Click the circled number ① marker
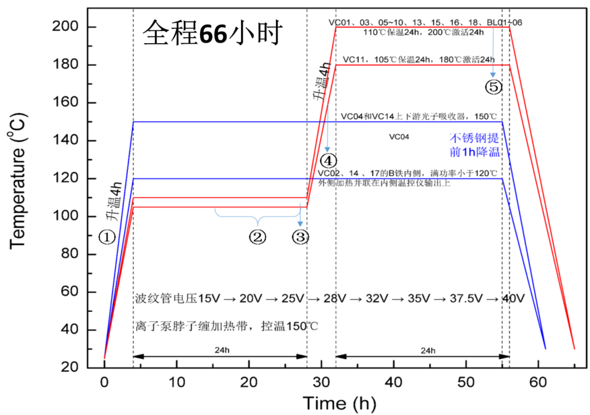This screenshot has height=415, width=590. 107,237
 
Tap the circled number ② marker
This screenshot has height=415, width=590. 257,237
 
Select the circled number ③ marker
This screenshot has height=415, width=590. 300,237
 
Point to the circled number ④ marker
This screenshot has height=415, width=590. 328,161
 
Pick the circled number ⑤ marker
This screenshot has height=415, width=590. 493,86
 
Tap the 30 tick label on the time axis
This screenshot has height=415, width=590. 321,382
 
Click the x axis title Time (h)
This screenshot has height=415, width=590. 339,403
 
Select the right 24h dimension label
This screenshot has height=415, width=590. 429,349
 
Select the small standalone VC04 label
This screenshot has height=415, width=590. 399,137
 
